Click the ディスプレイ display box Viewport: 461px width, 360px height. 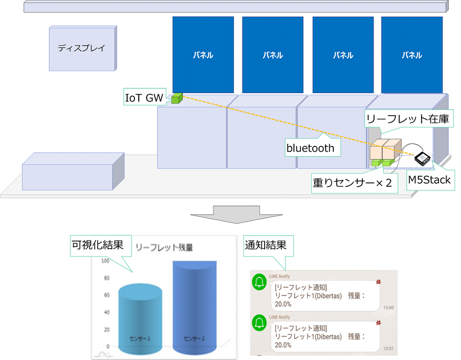pos(82,48)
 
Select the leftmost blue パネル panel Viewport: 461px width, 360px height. pos(203,55)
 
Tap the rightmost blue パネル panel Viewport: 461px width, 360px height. pos(412,55)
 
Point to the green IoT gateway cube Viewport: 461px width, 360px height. pos(177,98)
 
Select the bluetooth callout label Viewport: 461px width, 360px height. pos(310,148)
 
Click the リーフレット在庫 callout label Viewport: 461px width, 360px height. pos(408,119)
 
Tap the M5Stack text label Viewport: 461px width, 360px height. pos(429,180)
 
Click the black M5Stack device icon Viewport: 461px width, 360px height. pos(423,158)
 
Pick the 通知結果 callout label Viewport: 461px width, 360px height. pos(266,245)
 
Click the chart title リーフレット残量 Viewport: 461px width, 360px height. pos(164,248)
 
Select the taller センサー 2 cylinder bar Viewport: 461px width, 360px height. pos(194,307)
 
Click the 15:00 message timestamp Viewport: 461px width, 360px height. pos(388,307)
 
